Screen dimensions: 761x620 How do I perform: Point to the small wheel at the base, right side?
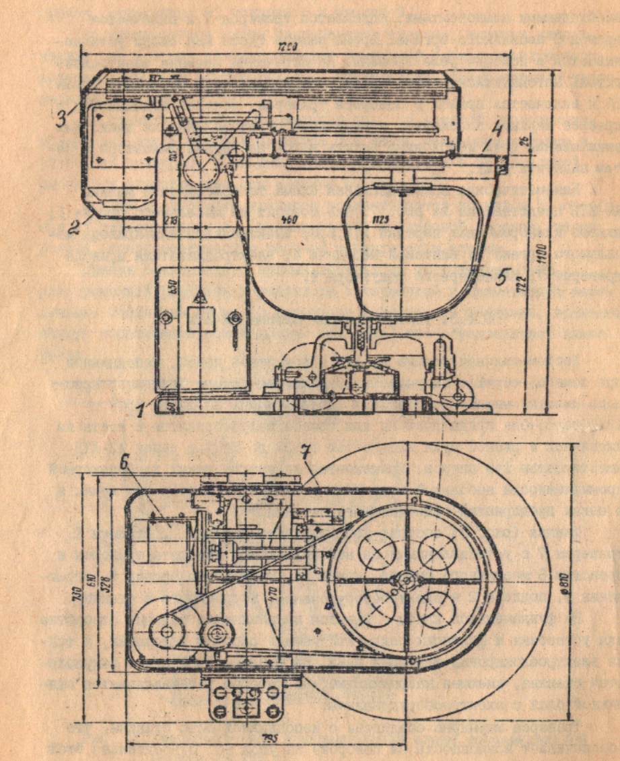458,397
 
